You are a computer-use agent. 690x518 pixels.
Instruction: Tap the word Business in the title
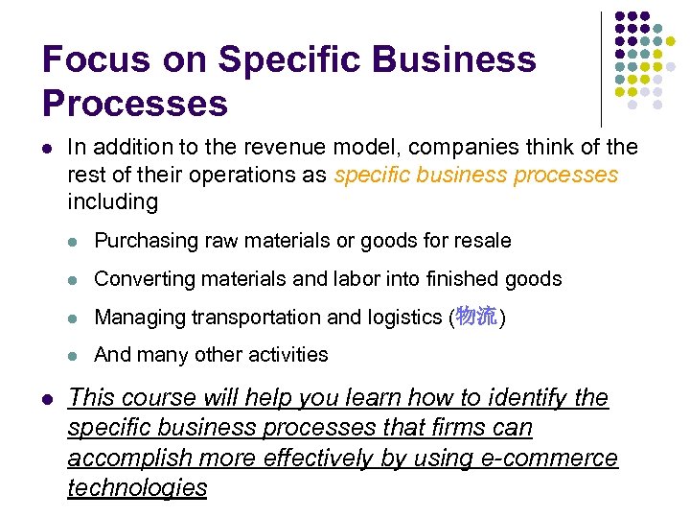tap(454, 60)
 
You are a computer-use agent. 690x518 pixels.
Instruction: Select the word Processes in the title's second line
tap(135, 104)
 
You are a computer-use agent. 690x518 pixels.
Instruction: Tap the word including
tap(112, 201)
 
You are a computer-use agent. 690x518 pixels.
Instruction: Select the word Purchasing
tap(146, 241)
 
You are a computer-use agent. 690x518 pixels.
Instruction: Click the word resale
tap(483, 241)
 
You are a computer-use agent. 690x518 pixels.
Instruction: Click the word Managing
tap(139, 318)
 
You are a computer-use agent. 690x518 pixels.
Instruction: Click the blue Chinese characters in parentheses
tap(475, 317)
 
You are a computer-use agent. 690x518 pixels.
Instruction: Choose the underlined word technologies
tap(137, 487)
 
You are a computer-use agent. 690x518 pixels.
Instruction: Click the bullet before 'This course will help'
tap(47, 398)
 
